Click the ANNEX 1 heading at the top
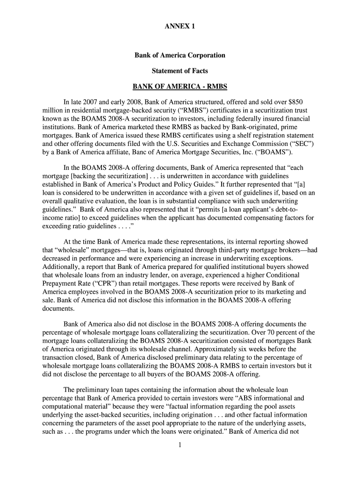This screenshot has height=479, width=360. (x=180, y=27)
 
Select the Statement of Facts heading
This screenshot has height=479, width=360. (x=180, y=71)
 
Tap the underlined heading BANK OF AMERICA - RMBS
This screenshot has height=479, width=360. (x=180, y=87)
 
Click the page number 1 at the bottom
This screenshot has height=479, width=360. (x=180, y=445)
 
